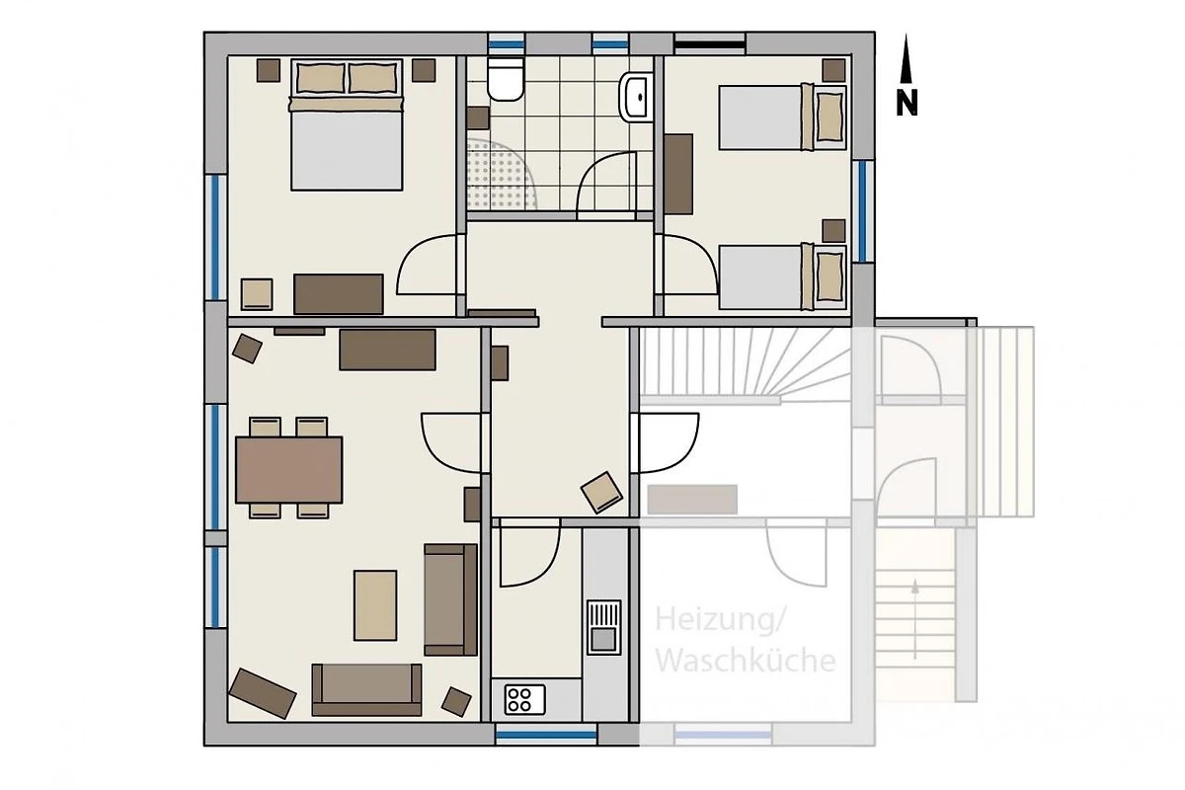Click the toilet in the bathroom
506,79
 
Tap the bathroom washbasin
635,98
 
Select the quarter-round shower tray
500,174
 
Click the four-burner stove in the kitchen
524,699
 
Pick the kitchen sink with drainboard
603,627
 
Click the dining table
288,470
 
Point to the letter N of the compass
907,103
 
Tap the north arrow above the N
907,58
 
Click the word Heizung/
720,620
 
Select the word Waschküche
746,661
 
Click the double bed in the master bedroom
347,124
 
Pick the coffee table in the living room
375,604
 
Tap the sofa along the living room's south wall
366,689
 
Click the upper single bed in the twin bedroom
782,117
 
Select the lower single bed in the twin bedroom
782,276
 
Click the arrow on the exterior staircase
915,619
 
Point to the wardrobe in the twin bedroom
678,174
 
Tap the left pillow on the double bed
321,78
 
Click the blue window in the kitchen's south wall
546,735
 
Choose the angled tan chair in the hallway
602,492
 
